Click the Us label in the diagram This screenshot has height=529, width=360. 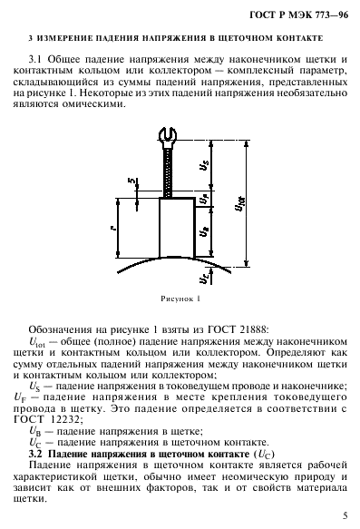pyautogui.click(x=205, y=166)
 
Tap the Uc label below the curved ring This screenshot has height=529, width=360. pyautogui.click(x=205, y=277)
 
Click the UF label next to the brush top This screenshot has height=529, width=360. pyautogui.click(x=205, y=196)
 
